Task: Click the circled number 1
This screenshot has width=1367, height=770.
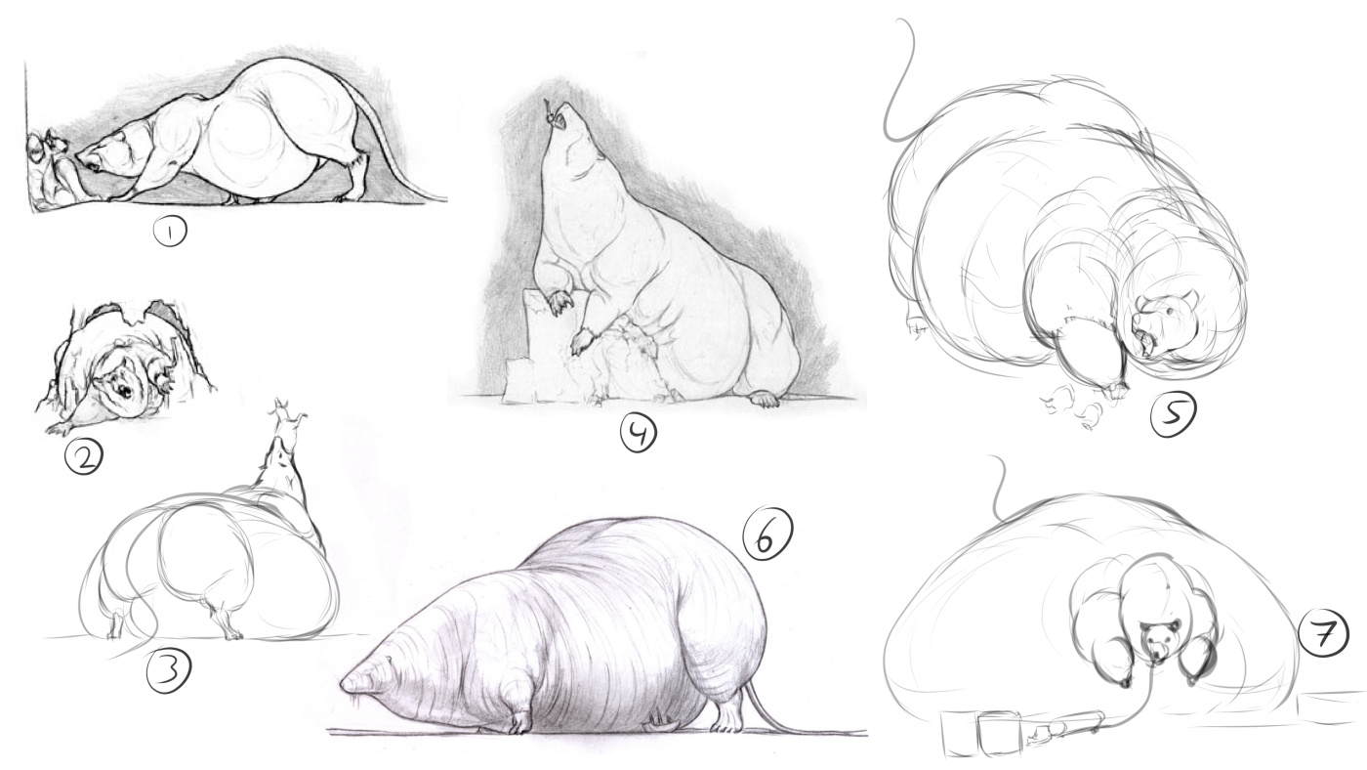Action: pos(170,232)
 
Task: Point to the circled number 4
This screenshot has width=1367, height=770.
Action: pos(639,433)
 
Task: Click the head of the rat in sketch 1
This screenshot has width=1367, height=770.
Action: pos(104,154)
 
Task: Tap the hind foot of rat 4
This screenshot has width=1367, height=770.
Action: pos(764,400)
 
